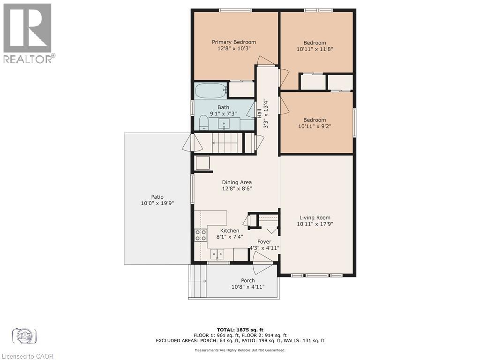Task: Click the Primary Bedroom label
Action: pyautogui.click(x=233, y=42)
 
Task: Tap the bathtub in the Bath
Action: pyautogui.click(x=211, y=90)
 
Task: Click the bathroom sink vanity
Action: pyautogui.click(x=224, y=124)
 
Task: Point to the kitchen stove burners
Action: pyautogui.click(x=201, y=235)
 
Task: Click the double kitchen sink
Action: pyautogui.click(x=217, y=254)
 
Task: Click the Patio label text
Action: pyautogui.click(x=157, y=197)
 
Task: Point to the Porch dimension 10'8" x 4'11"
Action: pyautogui.click(x=248, y=287)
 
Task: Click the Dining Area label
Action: pyautogui.click(x=237, y=182)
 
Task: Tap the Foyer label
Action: pyautogui.click(x=264, y=242)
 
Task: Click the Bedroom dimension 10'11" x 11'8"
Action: pyautogui.click(x=315, y=49)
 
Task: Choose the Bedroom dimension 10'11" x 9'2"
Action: pyautogui.click(x=315, y=126)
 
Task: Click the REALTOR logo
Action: pyautogui.click(x=28, y=33)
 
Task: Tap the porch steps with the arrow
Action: pyautogui.click(x=197, y=281)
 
